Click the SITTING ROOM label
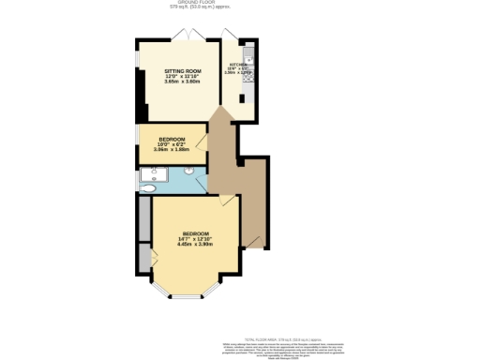pyautogui.click(x=183, y=71)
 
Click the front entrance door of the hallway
pyautogui.click(x=253, y=246)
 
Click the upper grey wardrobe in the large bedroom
pyautogui.click(x=144, y=219)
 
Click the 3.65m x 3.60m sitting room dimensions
pyautogui.click(x=183, y=83)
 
